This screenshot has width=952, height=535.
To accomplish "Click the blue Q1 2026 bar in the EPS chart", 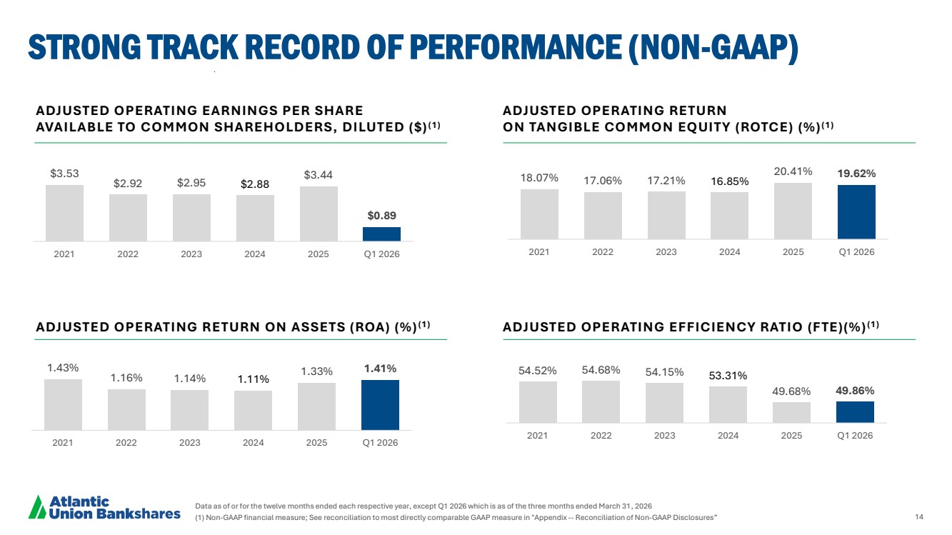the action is point(381,234).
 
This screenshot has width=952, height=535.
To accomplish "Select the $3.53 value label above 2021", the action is point(64,174).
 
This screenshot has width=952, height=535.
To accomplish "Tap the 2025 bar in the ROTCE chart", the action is point(793,211).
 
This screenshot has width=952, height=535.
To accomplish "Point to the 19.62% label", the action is point(856,174).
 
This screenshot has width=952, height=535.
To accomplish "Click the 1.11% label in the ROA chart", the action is point(254,379).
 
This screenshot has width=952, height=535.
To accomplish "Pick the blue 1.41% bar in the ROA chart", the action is point(380,405).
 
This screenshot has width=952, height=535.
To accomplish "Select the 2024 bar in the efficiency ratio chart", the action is point(728,404).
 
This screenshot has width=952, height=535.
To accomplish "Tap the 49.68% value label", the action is point(791,391).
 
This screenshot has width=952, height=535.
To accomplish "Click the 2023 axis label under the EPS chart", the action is point(191,254).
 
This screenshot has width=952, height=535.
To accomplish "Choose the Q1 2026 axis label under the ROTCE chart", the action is point(856,252).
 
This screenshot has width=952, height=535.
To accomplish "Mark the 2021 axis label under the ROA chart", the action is point(62,443).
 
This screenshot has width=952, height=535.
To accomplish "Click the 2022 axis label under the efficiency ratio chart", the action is point(601,436).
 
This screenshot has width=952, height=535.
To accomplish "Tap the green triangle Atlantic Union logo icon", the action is point(37,507).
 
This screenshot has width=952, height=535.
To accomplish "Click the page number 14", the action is point(919,516).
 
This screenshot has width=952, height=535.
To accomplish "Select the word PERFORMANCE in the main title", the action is point(516,47).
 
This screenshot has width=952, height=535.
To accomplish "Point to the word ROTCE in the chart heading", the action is point(763,127).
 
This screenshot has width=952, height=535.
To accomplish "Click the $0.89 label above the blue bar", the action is point(381,216).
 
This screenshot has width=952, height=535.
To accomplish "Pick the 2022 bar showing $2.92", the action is point(128,218).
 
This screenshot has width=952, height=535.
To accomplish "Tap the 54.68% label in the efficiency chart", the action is point(601,370).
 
